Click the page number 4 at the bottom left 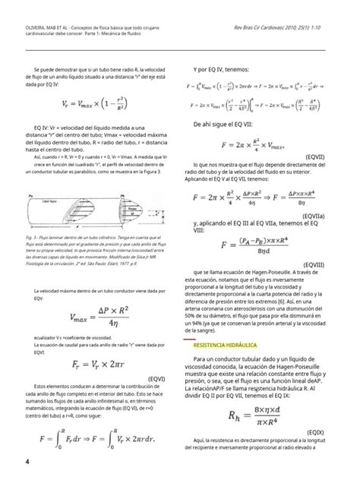[x=27, y=462]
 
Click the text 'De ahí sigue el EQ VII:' [x=225, y=122]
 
